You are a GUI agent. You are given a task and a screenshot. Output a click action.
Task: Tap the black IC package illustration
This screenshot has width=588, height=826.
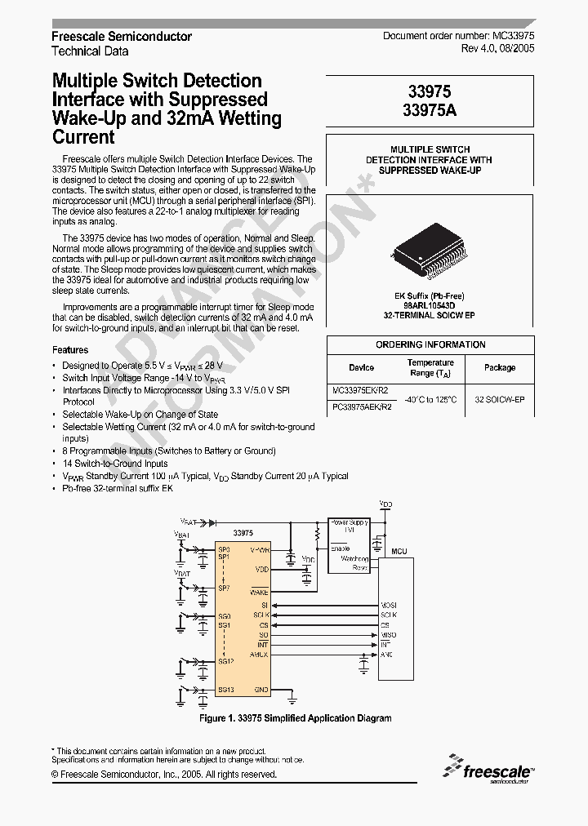coord(430,252)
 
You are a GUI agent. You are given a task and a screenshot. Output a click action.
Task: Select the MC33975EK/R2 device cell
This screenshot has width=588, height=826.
coord(362,391)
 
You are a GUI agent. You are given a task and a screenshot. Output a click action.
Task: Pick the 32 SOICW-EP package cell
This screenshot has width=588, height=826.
coord(499,400)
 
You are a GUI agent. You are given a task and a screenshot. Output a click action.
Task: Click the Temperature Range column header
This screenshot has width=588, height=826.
coord(430,367)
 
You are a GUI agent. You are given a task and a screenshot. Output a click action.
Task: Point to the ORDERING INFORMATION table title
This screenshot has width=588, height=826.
coord(430,344)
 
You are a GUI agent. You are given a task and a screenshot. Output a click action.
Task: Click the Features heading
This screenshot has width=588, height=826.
coord(69,350)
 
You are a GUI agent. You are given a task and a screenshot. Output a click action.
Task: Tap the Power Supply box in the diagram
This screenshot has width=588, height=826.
coord(349,526)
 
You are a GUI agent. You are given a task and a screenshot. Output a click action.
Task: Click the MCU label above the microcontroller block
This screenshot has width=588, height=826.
coord(399,552)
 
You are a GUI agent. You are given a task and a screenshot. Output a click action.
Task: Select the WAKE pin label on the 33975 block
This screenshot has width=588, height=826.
coord(259,592)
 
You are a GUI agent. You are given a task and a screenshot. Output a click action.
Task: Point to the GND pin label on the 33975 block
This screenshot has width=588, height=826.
coord(261,690)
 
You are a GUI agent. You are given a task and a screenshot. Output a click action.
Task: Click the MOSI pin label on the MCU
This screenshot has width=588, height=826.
coord(389,605)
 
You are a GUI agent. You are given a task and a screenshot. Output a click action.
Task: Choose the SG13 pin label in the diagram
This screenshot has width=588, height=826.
coord(225,690)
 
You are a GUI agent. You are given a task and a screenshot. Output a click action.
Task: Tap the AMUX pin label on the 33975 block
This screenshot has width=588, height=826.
coord(259,655)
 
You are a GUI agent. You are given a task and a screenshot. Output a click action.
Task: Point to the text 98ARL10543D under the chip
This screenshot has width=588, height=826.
coord(430,305)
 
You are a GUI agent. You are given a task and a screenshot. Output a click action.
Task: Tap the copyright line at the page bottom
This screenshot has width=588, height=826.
coord(164,775)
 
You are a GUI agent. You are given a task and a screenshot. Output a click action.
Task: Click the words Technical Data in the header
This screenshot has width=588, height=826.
coord(90,51)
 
